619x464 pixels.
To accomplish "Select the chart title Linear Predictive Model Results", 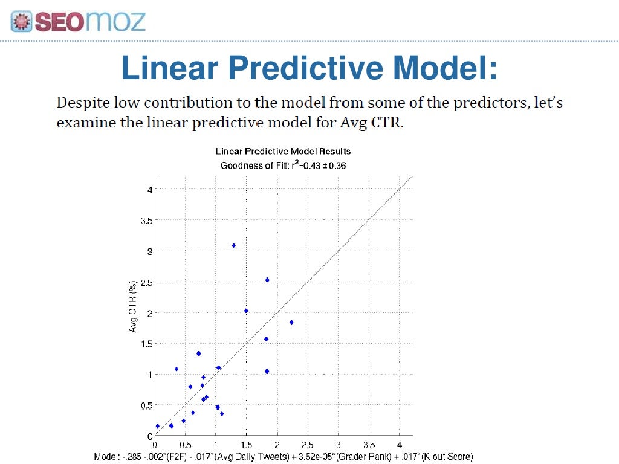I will click(283, 151).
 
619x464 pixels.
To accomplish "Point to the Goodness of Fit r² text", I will click(283, 165).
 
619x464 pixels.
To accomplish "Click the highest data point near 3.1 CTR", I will click(233, 245).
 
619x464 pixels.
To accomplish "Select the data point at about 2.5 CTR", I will click(267, 280).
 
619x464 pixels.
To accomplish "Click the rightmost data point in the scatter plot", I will click(291, 323).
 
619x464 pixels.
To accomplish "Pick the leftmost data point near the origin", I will click(158, 426).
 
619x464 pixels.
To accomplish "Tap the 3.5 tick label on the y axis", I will click(146, 221).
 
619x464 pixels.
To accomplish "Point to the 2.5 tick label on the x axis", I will click(307, 444).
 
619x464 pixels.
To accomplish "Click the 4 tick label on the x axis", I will click(399, 444).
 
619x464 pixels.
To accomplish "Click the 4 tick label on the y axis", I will click(149, 190).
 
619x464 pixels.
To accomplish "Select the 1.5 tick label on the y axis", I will click(146, 344).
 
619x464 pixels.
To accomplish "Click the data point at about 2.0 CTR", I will click(246, 311).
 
